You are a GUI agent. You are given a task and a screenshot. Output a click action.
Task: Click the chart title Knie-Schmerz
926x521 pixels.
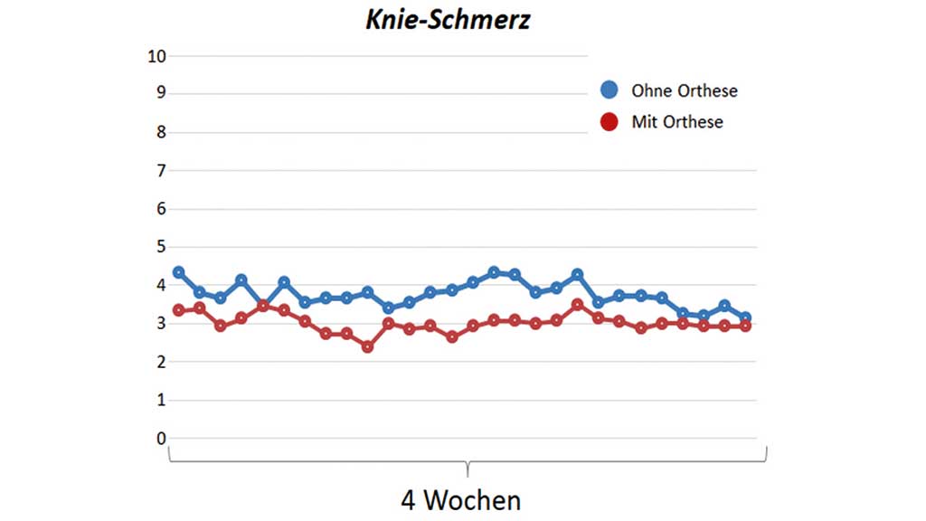(x=448, y=21)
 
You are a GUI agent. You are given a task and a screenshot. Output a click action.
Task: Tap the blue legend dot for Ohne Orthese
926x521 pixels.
(x=609, y=90)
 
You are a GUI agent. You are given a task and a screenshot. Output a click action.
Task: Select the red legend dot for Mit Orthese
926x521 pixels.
(x=609, y=121)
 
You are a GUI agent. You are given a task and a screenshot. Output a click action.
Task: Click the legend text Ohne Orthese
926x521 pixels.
(x=684, y=90)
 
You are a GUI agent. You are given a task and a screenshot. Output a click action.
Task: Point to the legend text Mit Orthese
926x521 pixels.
(x=676, y=121)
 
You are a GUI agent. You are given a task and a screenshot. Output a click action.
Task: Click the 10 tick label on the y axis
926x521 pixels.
(x=156, y=56)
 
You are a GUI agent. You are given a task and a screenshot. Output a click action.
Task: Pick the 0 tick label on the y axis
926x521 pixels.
(x=162, y=439)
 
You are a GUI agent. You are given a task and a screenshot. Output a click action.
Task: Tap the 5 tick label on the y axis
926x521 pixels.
(x=162, y=247)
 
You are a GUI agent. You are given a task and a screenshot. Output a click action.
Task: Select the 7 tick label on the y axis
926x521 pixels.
(x=162, y=170)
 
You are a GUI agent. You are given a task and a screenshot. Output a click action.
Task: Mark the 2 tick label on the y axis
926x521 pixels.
(x=162, y=362)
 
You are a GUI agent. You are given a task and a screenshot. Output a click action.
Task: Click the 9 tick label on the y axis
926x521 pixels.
(x=162, y=93)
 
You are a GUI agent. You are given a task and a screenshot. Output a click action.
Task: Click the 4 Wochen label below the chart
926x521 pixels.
(x=460, y=499)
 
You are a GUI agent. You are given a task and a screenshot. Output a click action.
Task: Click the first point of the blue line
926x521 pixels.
(x=179, y=272)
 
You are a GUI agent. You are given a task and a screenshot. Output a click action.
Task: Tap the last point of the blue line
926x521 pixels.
(x=745, y=317)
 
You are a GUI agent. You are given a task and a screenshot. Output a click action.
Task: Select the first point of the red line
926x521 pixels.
(x=179, y=310)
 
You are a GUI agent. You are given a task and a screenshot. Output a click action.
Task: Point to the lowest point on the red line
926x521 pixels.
(x=367, y=346)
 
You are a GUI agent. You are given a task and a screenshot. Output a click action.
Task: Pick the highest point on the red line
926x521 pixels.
(x=577, y=305)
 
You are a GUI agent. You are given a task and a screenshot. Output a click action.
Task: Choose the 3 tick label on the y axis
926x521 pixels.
(x=162, y=324)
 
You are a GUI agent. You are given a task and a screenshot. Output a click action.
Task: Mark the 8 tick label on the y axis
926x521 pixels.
(x=162, y=132)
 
